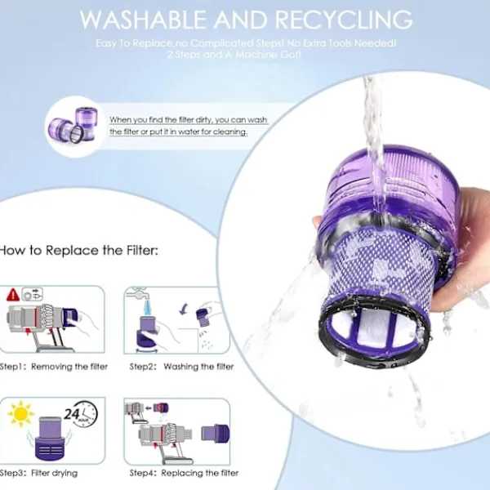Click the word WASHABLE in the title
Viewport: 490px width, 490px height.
[147, 19]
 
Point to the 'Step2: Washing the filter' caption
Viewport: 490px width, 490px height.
[181, 367]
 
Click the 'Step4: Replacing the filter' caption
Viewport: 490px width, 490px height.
[184, 473]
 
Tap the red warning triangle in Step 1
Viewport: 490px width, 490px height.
[13, 295]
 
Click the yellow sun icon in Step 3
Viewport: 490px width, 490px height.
[20, 415]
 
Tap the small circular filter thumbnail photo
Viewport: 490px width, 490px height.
[74, 122]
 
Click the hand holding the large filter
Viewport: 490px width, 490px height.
[457, 261]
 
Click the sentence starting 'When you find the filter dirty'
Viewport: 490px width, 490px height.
[188, 125]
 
